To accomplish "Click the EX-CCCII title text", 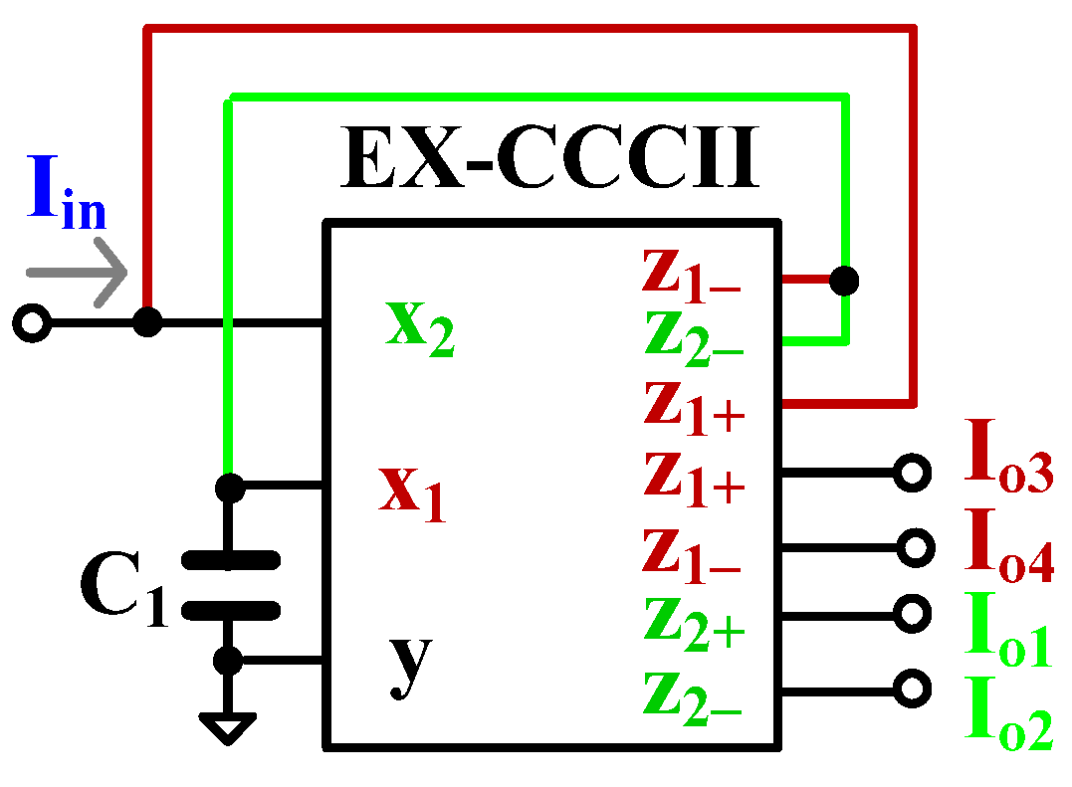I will click(549, 159).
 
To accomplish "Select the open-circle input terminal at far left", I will click(33, 323).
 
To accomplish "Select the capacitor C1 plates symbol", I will click(230, 585).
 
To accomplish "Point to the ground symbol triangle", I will click(229, 728).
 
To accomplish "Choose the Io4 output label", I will click(1008, 545).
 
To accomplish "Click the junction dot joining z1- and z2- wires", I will click(844, 281).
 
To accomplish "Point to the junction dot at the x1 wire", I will click(230, 487).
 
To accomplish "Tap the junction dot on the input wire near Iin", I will click(147, 322).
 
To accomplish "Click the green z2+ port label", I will click(694, 621).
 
